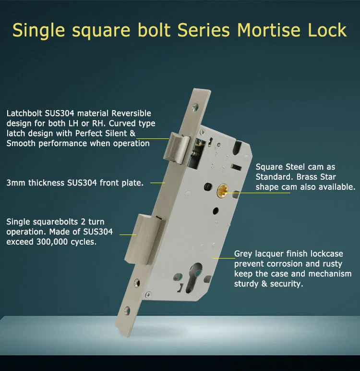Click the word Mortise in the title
269,30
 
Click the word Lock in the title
327,30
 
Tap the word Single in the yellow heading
38,31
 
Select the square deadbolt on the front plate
144,239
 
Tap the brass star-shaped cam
222,191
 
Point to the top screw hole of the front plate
195,108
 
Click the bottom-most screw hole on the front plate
127,310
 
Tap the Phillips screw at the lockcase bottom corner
148,294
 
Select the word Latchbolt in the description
24,113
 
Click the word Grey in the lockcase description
243,254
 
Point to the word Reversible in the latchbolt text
131,113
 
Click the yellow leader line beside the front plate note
157,183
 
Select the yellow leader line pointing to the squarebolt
128,235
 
